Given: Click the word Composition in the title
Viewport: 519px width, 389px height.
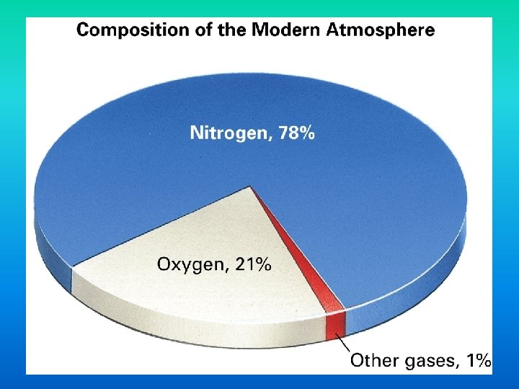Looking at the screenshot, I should click(123, 30).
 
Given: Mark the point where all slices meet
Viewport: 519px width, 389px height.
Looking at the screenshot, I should click(251, 187).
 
